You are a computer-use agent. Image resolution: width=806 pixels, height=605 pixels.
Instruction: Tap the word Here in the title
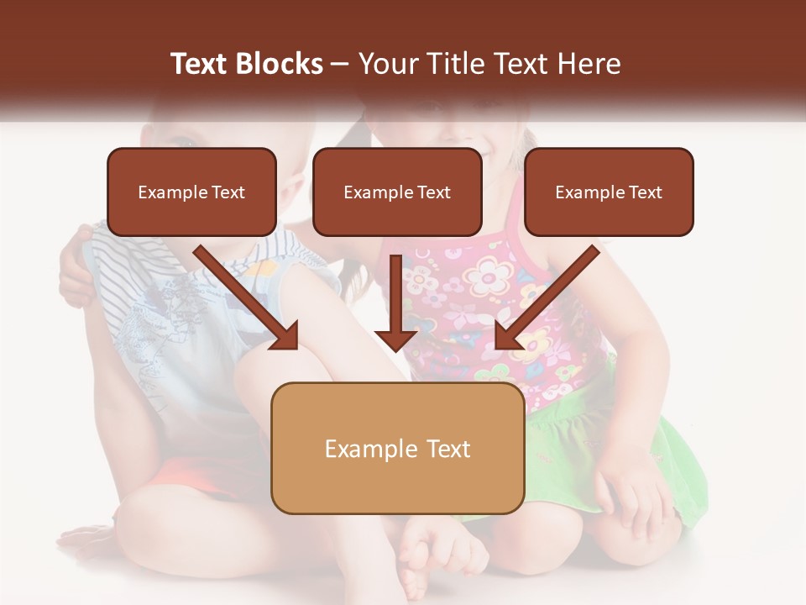coord(589,64)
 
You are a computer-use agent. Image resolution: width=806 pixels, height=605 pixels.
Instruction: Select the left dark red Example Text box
coord(191,192)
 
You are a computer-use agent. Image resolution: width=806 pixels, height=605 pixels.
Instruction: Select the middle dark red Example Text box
coord(397,192)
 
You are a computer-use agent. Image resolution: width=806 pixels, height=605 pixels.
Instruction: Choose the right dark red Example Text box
coord(609,192)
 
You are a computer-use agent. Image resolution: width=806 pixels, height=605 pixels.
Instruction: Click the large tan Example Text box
coord(397,449)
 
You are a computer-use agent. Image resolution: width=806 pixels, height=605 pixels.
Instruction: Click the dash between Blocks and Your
coord(340,65)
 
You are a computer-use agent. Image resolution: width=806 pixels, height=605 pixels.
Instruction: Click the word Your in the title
coord(387,64)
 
